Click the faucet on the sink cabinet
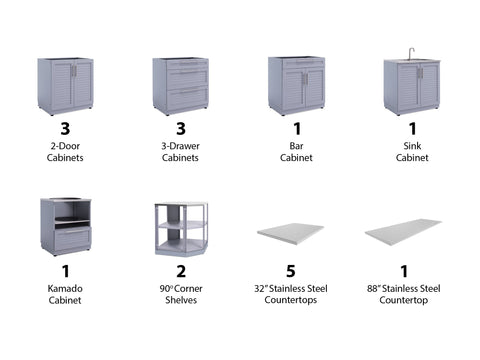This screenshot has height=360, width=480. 412,53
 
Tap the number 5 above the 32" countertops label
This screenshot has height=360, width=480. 291,271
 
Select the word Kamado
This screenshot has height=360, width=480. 65,288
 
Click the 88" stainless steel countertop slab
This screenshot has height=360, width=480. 403,232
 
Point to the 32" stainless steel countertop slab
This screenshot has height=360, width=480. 290,233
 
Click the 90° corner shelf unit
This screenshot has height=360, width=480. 181,229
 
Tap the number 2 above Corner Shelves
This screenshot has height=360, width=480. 181,271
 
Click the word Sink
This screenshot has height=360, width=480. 412,146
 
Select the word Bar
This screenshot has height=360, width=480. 296,146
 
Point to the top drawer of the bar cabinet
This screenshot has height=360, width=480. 303,63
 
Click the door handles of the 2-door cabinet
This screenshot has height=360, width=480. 74,71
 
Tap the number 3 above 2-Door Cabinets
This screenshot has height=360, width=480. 65,128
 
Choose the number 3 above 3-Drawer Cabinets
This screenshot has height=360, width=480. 181,128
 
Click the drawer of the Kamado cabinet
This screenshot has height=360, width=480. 72,238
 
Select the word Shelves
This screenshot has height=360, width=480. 181,300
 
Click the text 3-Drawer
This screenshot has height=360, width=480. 180,146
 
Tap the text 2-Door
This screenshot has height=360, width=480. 65,146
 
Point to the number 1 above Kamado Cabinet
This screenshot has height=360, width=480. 66,271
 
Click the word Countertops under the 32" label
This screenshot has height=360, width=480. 291,300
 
